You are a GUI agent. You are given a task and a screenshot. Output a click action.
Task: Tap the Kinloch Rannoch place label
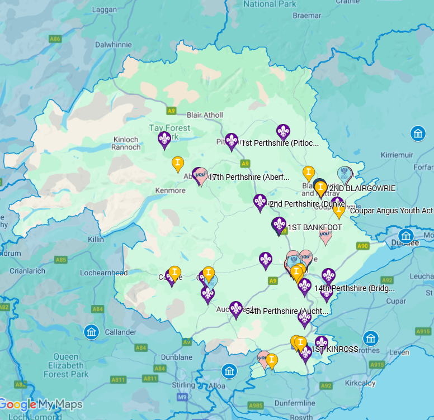pyautogui.click(x=126, y=143)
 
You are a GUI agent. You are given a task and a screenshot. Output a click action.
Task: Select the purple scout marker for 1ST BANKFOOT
pyautogui.click(x=279, y=225)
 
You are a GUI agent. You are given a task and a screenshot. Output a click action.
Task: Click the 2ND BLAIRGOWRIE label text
pyautogui.click(x=362, y=188)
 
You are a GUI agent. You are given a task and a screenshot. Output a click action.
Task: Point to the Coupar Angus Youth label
pyautogui.click(x=391, y=211)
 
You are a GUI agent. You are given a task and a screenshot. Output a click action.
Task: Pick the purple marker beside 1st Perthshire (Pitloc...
pyautogui.click(x=284, y=132)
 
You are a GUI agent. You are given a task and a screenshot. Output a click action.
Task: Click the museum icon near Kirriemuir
pyautogui.click(x=418, y=133)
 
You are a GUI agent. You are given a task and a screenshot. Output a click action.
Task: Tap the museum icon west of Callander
pyautogui.click(x=91, y=332)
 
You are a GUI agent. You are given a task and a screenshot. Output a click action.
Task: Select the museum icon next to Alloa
pyautogui.click(x=228, y=371)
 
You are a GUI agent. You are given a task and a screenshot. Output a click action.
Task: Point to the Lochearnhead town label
pyautogui.click(x=103, y=274)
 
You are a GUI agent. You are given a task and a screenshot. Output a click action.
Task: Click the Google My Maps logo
pyautogui.click(x=41, y=405)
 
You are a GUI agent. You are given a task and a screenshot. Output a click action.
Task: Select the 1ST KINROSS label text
pyautogui.click(x=334, y=349)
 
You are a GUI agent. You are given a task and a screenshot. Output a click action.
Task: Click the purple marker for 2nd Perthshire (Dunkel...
pyautogui.click(x=260, y=202)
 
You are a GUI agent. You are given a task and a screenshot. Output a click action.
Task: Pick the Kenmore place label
pyautogui.click(x=169, y=190)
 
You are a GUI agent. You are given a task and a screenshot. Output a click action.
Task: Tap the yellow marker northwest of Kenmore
pyautogui.click(x=177, y=163)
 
